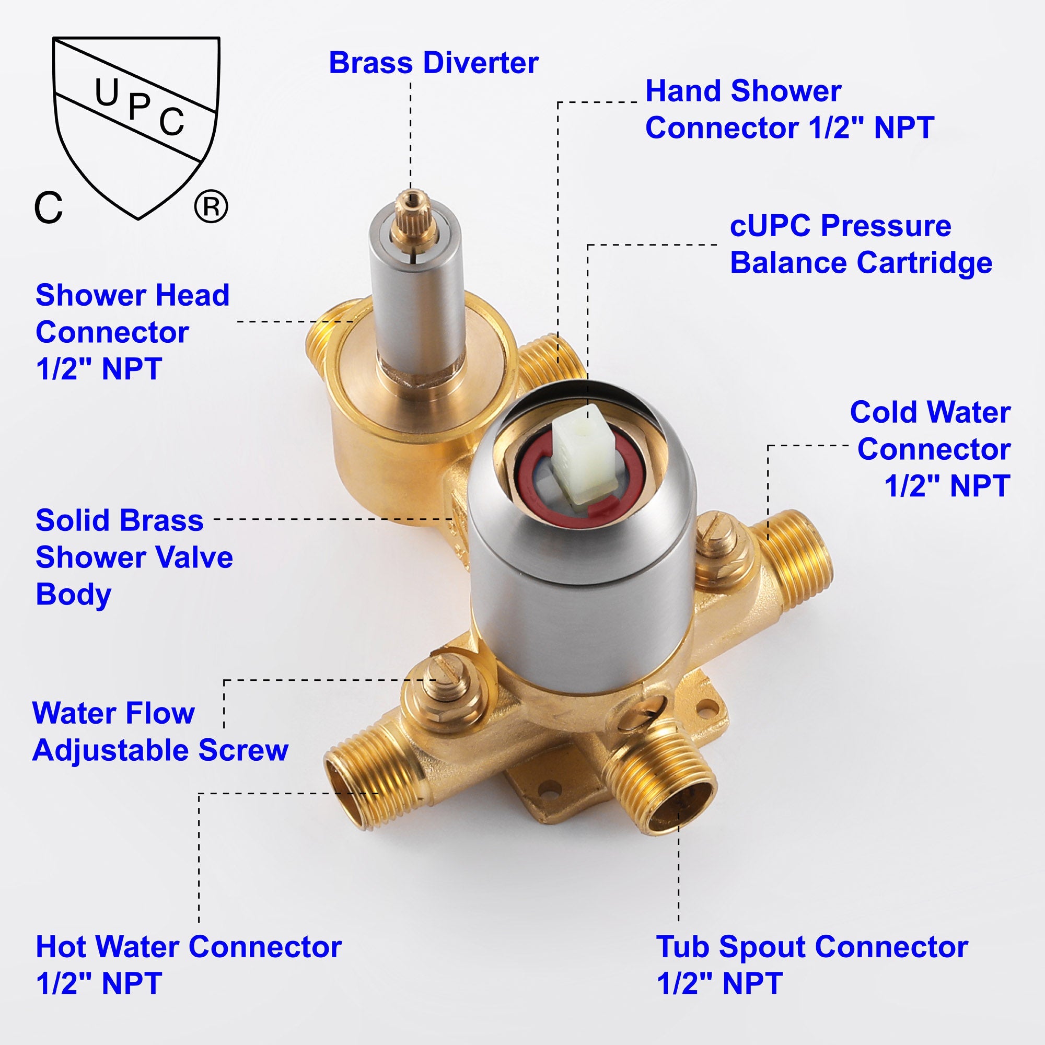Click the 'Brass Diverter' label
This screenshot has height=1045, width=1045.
pos(433,63)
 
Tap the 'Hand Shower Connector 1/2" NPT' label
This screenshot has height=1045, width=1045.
pos(789,109)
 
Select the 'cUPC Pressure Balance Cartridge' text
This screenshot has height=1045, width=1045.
pos(861,245)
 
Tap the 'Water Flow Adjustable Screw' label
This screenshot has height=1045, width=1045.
pos(160,731)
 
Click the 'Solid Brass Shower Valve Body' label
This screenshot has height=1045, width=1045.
pos(134,557)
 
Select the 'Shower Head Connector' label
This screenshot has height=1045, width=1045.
pos(133,332)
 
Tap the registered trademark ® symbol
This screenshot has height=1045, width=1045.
pos(211,206)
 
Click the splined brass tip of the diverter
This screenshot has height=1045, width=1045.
pos(412,208)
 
